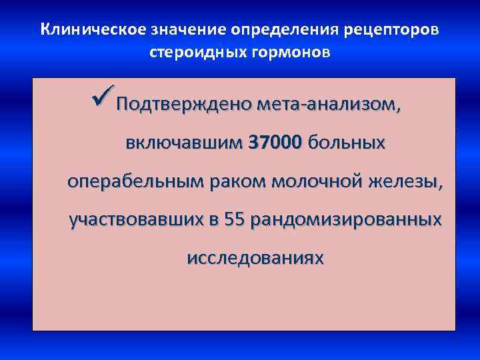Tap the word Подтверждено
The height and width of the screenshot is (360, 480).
coord(182,105)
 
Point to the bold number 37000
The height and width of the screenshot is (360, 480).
coord(275,143)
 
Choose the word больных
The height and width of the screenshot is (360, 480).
coord(347,143)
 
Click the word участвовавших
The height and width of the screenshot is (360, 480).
coord(137,219)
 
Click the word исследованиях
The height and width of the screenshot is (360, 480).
coord(256,257)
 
